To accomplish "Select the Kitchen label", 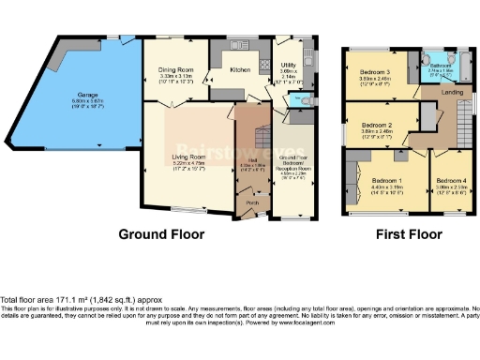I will click(241, 68).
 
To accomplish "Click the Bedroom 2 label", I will click(376, 125).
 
